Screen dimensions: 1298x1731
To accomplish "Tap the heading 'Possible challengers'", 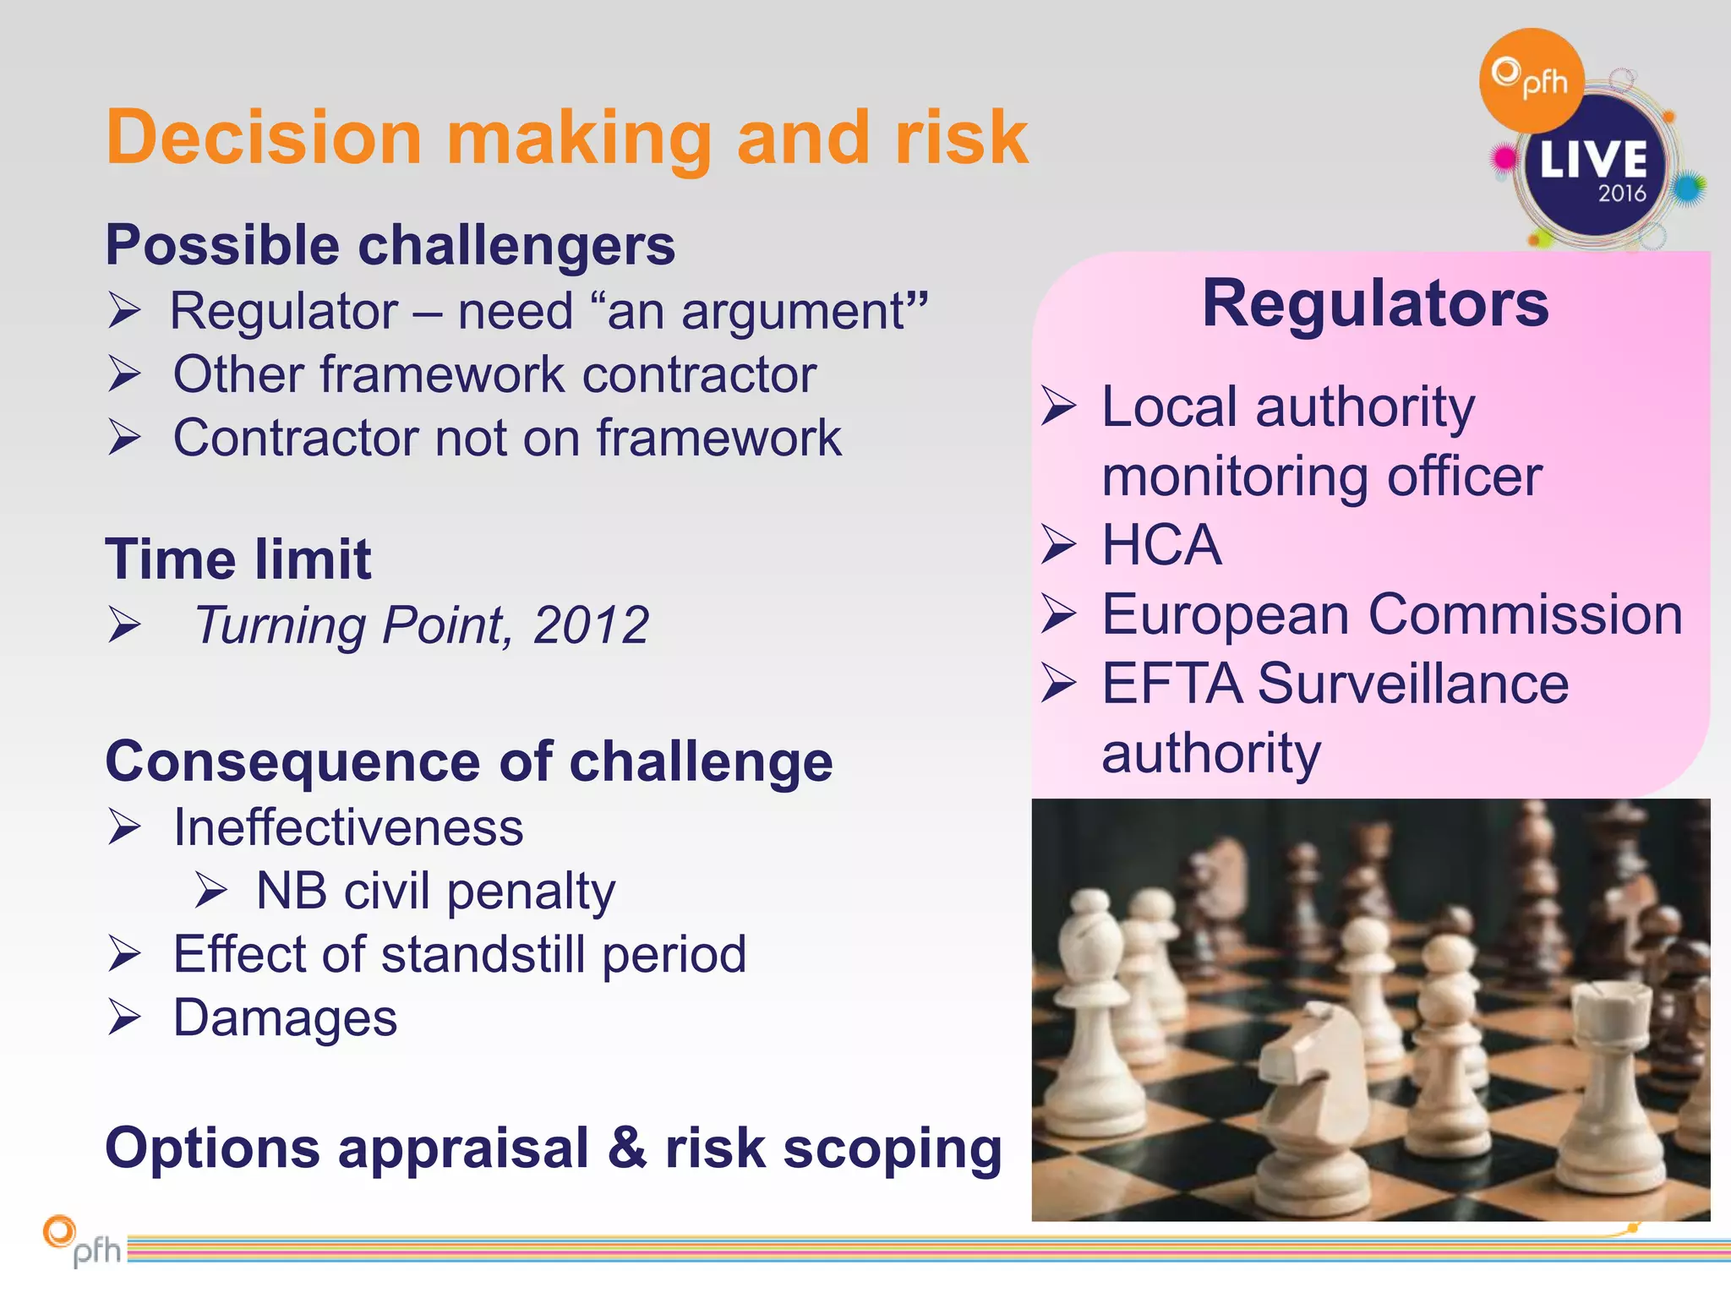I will pyautogui.click(x=390, y=245).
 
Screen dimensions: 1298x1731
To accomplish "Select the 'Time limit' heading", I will pyautogui.click(x=238, y=559).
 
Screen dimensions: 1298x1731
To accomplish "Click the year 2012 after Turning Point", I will pyautogui.click(x=591, y=625).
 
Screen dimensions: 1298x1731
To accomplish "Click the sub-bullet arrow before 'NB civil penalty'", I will pyautogui.click(x=210, y=891).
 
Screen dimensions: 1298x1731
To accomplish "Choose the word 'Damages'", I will pyautogui.click(x=285, y=1017).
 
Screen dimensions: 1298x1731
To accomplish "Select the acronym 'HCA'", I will pyautogui.click(x=1161, y=544).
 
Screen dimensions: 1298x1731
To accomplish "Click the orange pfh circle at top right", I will pyautogui.click(x=1531, y=79).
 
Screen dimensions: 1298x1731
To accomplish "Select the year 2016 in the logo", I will pyautogui.click(x=1621, y=194).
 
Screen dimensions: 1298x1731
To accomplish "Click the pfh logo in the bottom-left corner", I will pyautogui.click(x=82, y=1241).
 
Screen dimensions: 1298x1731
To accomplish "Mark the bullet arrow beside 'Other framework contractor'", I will pyautogui.click(x=124, y=374).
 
